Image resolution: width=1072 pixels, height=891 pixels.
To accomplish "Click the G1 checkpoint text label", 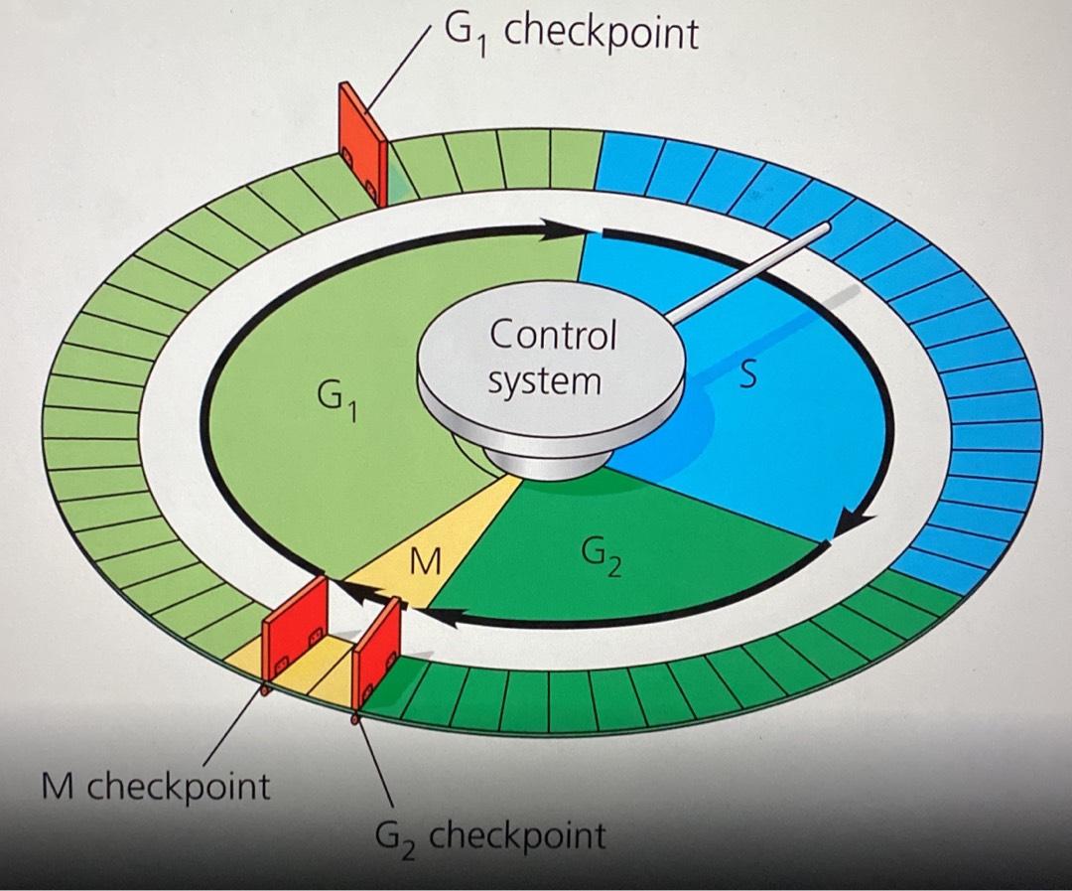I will coord(570,34).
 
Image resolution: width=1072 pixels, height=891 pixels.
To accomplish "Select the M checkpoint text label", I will coord(154,787).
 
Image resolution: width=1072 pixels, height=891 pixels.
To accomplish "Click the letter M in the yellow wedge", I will coord(425,563).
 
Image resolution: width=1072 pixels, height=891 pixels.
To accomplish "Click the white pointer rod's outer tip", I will coord(823,229).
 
